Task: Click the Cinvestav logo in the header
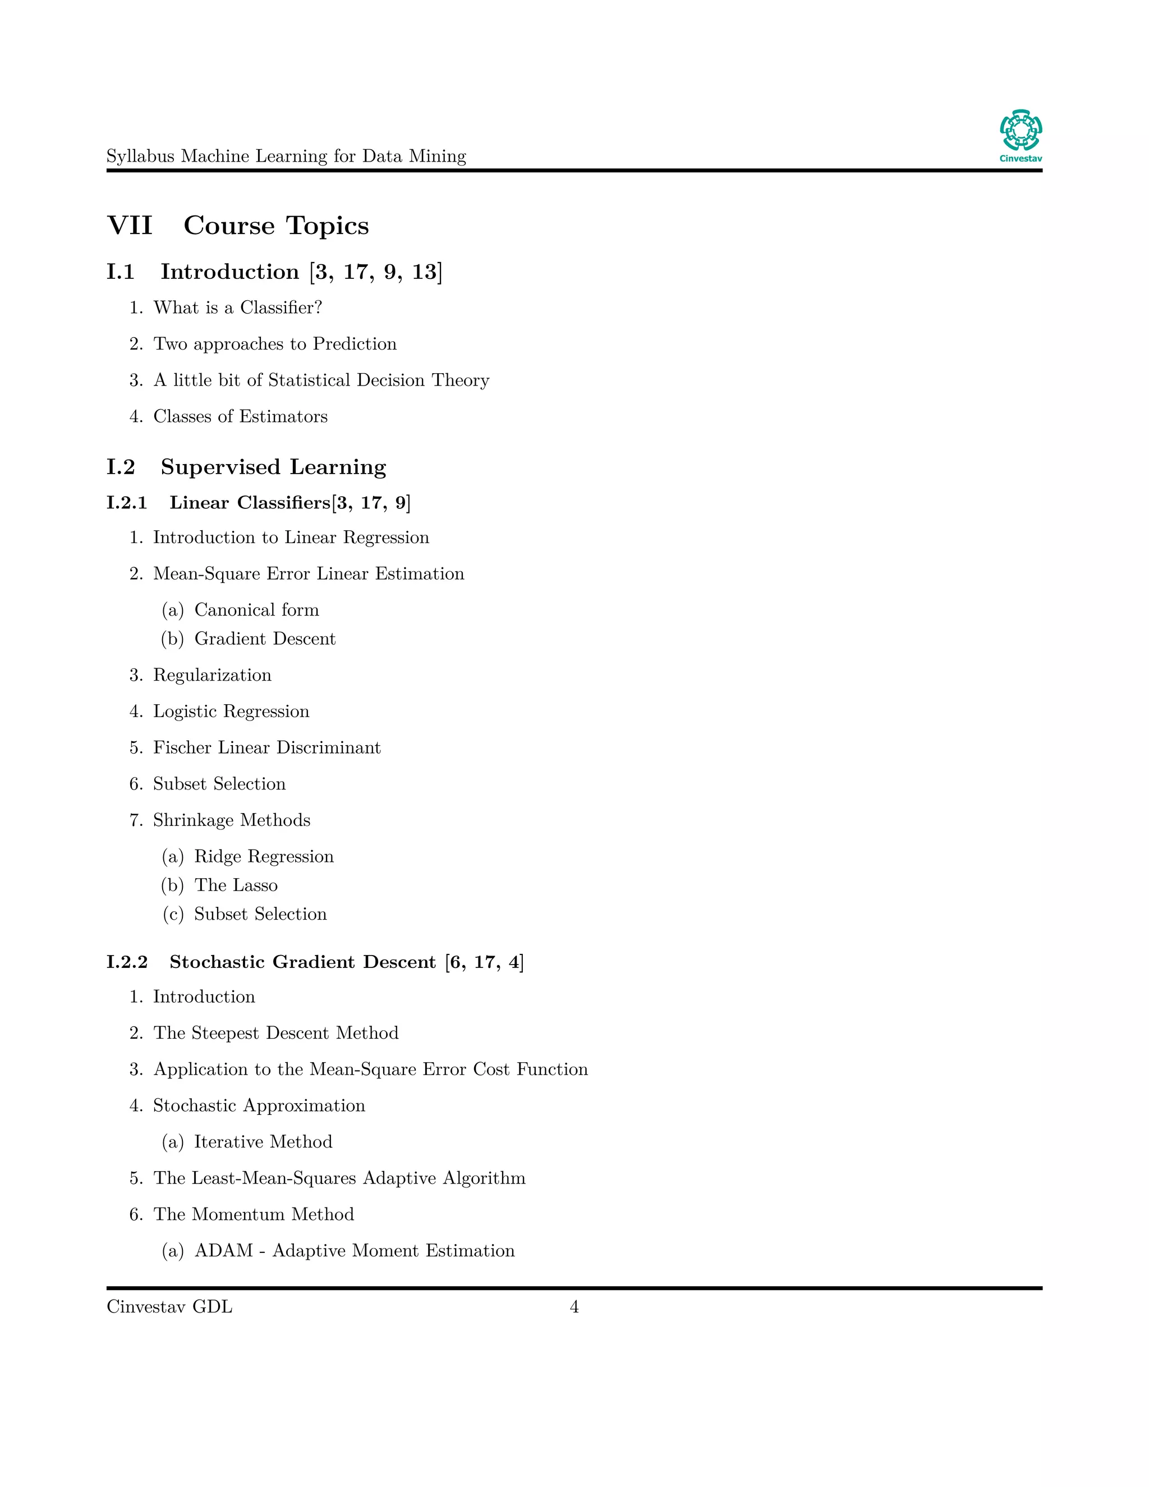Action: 1021,135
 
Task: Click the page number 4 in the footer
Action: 574,1306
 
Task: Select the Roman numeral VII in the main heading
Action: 130,226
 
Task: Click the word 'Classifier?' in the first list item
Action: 281,308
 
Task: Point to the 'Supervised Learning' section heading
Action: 273,467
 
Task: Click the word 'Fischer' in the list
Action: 182,747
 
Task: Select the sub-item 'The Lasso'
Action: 236,885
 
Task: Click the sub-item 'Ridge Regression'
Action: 264,856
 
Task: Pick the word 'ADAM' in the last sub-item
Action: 223,1251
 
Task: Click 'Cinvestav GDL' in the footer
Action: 169,1306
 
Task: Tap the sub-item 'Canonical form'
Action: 256,609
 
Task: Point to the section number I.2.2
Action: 127,962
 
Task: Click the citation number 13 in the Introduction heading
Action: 424,272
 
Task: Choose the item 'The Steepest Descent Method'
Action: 275,1033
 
